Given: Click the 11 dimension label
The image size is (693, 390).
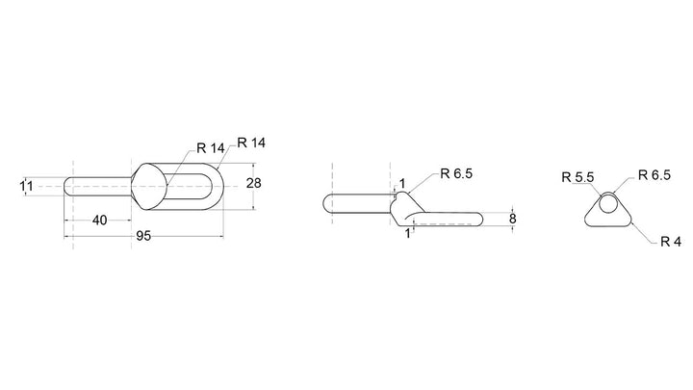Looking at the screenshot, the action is tap(27, 186).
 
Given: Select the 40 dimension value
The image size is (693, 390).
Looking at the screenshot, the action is tap(99, 220).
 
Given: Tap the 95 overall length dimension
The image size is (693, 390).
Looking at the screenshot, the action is tap(142, 236).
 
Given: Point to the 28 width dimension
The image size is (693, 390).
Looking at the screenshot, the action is tap(254, 183).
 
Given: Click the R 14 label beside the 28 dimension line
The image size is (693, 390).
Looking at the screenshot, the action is tap(251, 143).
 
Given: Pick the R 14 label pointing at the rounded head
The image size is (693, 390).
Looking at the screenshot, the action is tap(211, 148).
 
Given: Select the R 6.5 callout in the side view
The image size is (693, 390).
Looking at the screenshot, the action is tap(456, 173).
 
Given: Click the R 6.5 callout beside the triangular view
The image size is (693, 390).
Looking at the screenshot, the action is tap(654, 175).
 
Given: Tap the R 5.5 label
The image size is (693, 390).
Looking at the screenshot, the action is tap(577, 177).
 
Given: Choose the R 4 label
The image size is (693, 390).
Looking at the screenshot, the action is tap(671, 242).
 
